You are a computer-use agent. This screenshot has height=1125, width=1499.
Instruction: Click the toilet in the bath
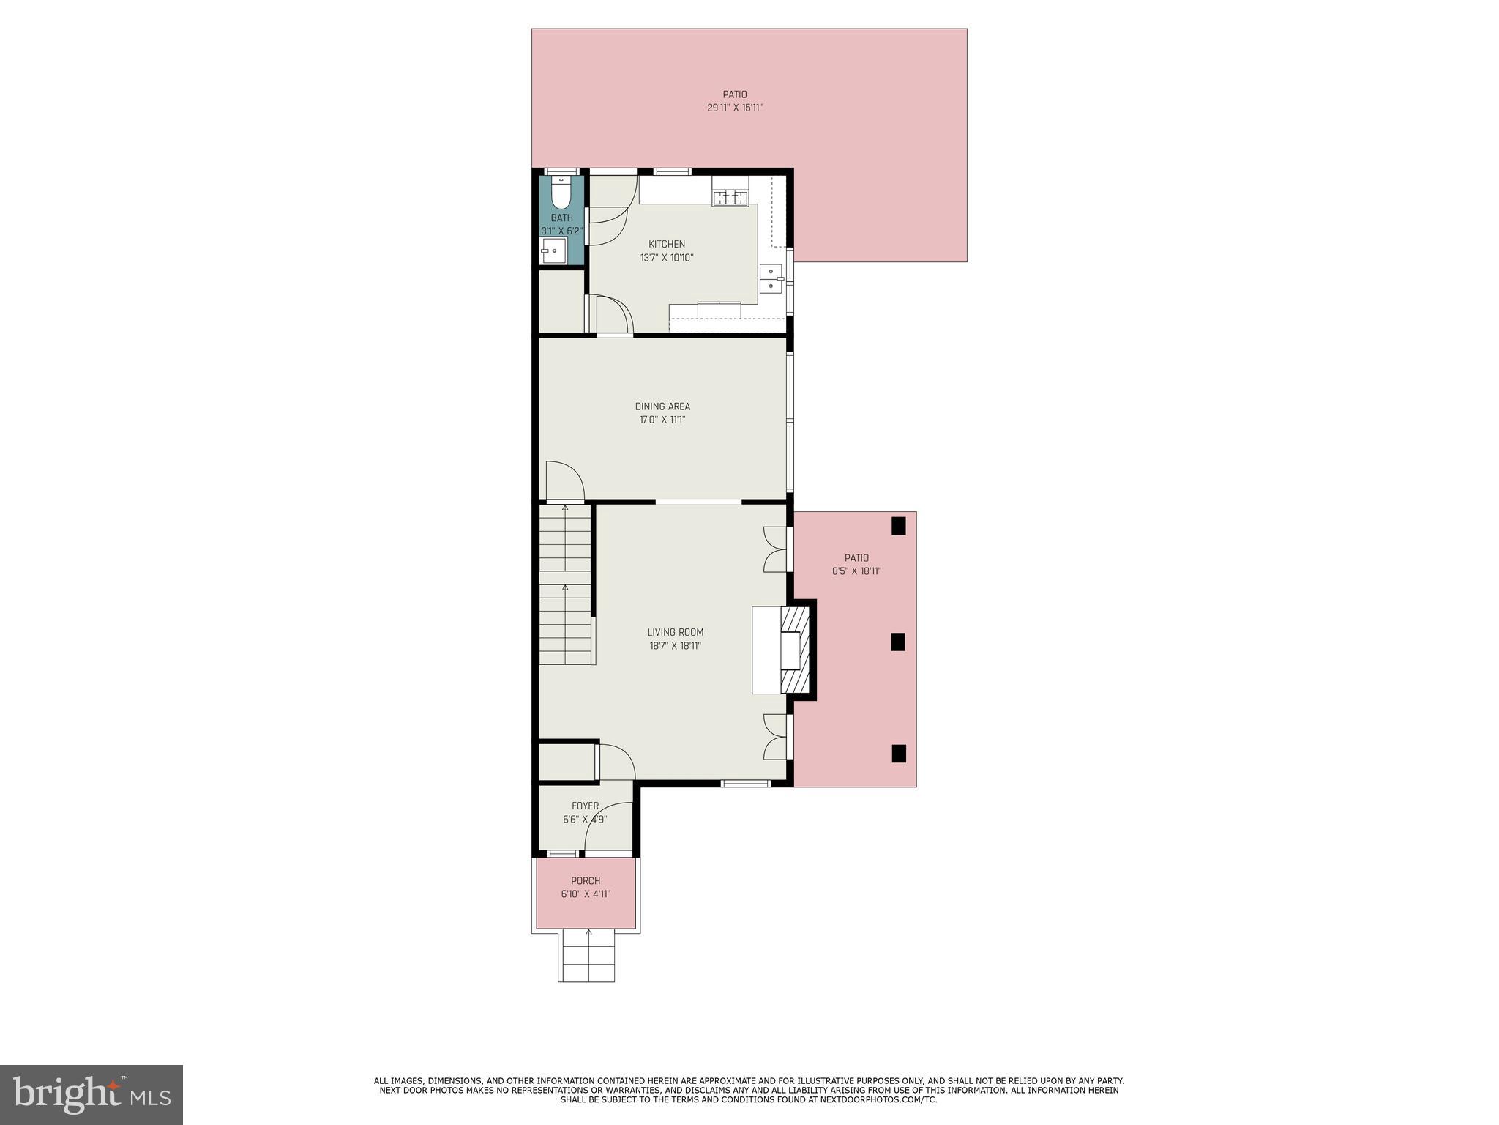(561, 194)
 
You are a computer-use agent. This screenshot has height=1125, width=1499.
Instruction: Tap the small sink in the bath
(553, 250)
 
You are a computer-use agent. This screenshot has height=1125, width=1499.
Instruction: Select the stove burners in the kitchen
(730, 197)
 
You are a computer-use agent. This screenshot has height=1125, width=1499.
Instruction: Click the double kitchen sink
(771, 278)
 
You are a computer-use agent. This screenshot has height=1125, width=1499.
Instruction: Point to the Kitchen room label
(667, 244)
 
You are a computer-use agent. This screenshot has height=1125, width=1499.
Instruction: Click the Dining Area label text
(662, 406)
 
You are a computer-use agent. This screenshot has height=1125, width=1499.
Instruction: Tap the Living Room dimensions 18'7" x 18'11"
(675, 646)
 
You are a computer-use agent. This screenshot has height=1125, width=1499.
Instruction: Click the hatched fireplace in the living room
(795, 650)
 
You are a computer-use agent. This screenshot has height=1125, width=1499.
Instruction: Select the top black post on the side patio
(898, 526)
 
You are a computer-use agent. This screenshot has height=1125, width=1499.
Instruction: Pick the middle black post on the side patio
(898, 642)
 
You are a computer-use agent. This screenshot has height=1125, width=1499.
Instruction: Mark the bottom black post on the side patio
(898, 754)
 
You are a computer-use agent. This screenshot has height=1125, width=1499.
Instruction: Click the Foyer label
(585, 806)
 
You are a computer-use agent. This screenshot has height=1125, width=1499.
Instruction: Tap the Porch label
(586, 881)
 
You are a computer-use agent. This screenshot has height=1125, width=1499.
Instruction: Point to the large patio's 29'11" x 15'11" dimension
(735, 108)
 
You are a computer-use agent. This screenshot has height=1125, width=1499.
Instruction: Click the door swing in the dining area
(564, 481)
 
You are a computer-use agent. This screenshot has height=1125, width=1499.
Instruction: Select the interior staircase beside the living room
(565, 586)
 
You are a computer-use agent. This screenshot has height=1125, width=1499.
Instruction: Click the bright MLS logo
(91, 1094)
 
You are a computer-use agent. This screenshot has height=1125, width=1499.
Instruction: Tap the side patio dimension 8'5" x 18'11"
(856, 571)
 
